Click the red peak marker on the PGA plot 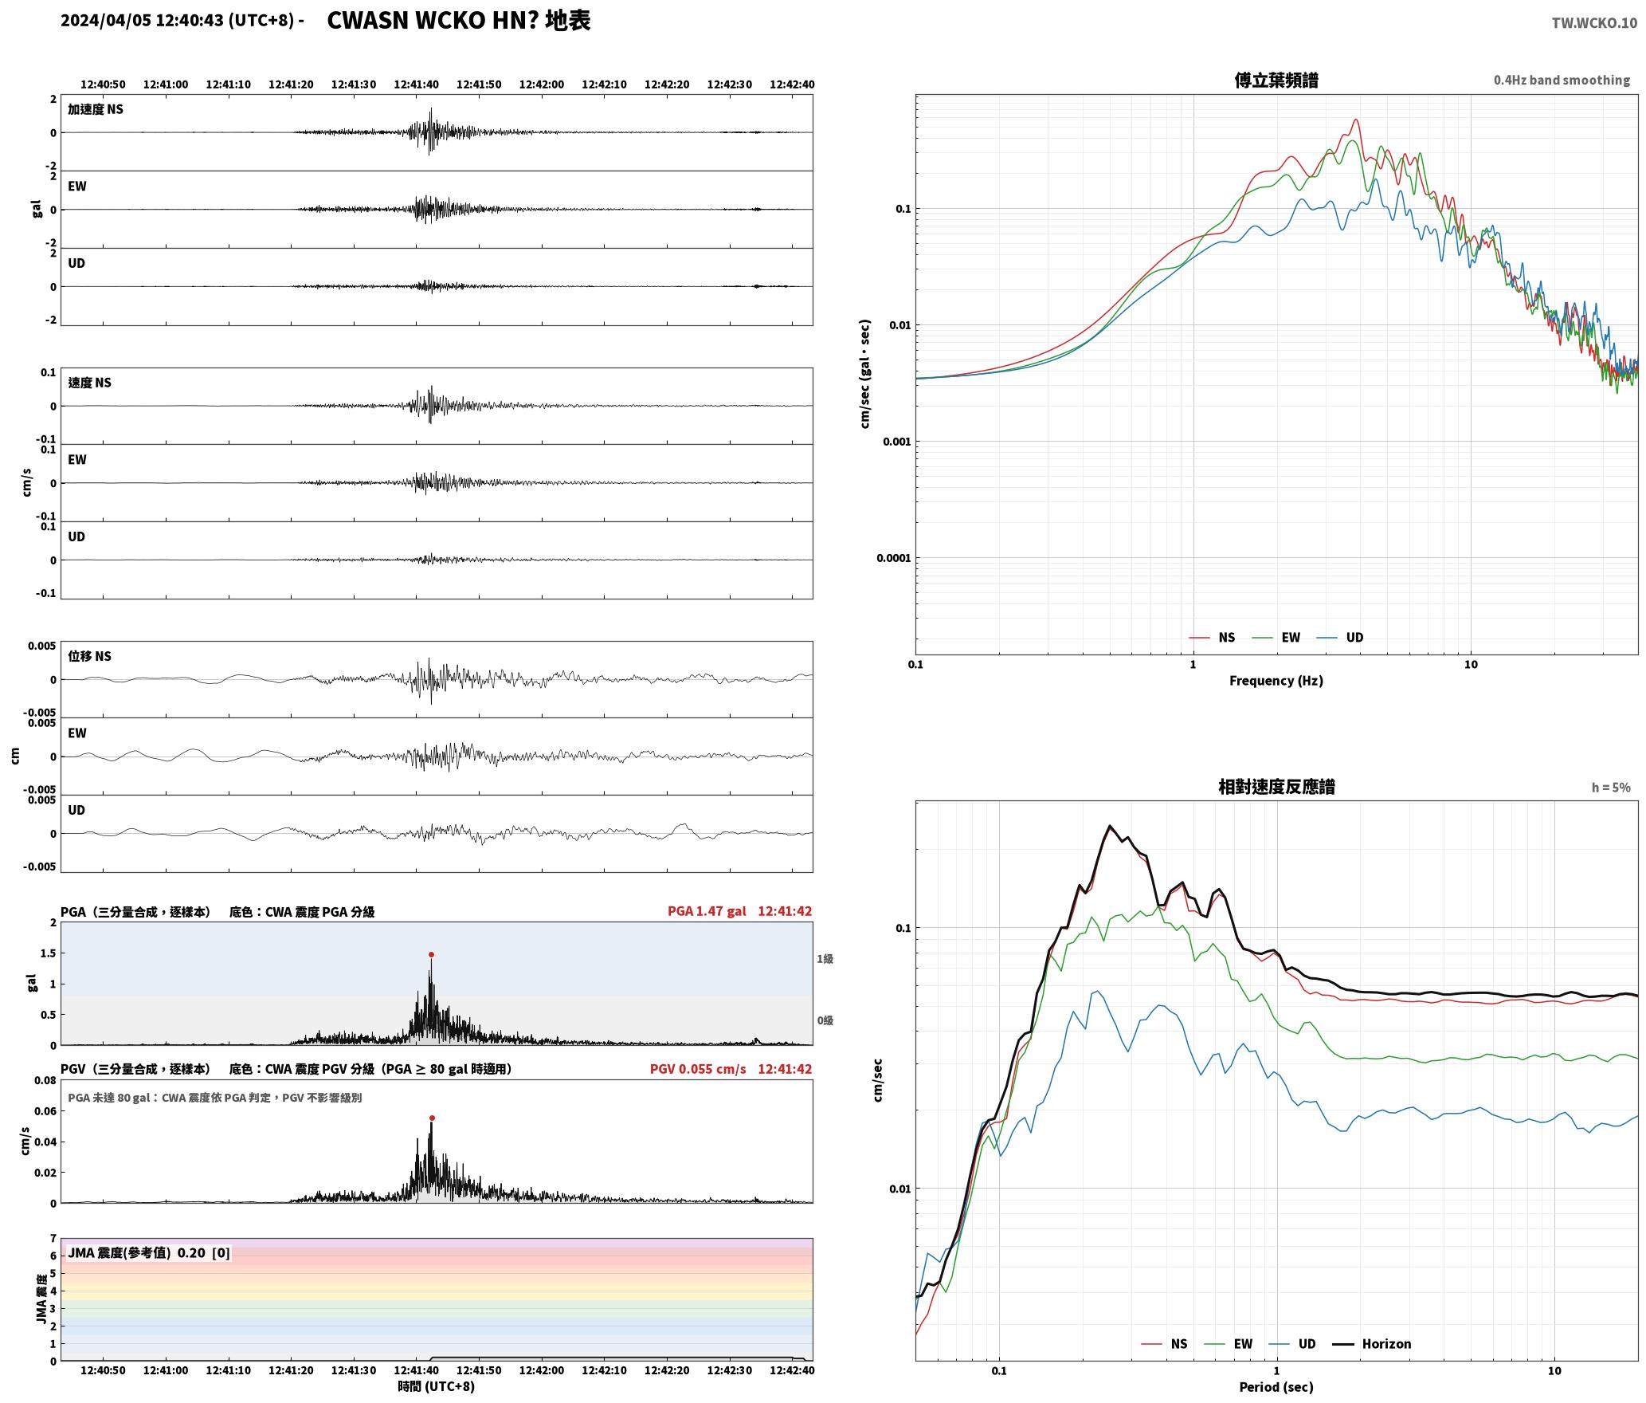tap(431, 954)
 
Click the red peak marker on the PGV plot tap(432, 1118)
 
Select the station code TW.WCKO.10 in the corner tap(1594, 23)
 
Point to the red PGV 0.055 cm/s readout tap(698, 1069)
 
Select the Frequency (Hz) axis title tap(1276, 681)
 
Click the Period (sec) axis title tap(1276, 1387)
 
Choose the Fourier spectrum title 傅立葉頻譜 tap(1276, 81)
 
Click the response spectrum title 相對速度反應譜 tap(1276, 787)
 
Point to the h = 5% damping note tap(1611, 788)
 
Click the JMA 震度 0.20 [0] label tap(149, 1253)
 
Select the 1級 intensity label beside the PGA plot tap(825, 959)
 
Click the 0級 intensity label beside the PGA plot tap(825, 1020)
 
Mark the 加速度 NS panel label tap(96, 109)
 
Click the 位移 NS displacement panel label tap(89, 656)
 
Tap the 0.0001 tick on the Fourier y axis tap(893, 558)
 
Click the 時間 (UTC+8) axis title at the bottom tap(437, 1386)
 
